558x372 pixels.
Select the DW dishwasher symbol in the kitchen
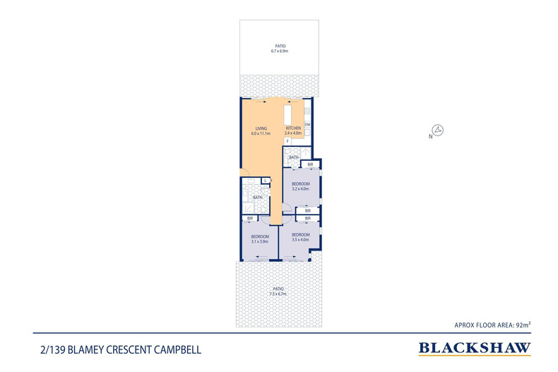coord(307,125)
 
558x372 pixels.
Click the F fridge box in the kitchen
coord(287,141)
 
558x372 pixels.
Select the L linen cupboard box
coord(265,181)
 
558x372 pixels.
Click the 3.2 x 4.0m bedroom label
coord(301,186)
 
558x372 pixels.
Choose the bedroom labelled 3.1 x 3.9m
coord(259,239)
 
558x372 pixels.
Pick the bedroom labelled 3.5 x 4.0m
coord(301,237)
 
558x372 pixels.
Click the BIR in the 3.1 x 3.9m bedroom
coord(250,219)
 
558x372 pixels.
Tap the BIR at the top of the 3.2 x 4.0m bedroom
coord(310,164)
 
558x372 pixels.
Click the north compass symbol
coord(438,130)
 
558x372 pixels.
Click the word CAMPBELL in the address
coord(186,349)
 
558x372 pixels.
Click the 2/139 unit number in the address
coord(52,349)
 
